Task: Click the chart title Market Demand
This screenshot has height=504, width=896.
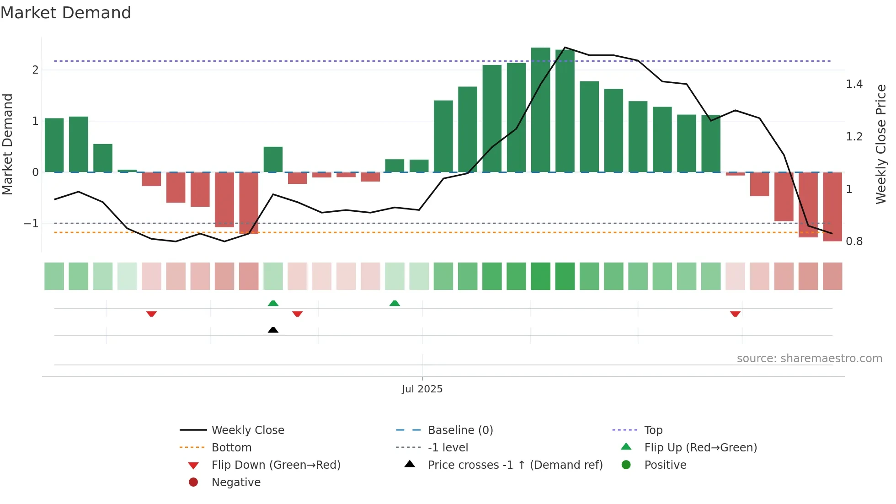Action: (66, 13)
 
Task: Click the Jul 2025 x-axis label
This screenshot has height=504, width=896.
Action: (422, 389)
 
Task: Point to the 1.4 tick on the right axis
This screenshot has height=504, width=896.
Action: (854, 84)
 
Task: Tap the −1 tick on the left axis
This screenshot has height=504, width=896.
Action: (31, 224)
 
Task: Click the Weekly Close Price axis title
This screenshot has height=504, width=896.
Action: (880, 144)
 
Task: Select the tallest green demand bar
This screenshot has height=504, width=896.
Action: (540, 110)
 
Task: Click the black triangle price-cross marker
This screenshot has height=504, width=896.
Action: (273, 330)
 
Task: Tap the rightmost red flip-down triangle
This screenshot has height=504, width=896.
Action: (735, 314)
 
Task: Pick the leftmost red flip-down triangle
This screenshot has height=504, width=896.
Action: (151, 314)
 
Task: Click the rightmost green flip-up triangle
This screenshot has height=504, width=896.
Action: (395, 303)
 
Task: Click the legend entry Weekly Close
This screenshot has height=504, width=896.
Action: (247, 430)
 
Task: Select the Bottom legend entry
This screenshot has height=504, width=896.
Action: (231, 447)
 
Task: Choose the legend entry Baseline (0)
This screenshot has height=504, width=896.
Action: (460, 430)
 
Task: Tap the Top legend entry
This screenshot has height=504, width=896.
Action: (653, 430)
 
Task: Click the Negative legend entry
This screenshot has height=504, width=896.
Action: (236, 482)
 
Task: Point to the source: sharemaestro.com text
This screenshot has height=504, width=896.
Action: (809, 358)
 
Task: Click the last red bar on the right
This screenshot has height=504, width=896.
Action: (832, 207)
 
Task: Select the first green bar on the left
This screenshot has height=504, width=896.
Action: (54, 145)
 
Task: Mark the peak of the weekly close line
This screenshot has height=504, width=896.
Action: (565, 47)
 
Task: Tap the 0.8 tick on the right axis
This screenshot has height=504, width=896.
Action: (854, 241)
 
